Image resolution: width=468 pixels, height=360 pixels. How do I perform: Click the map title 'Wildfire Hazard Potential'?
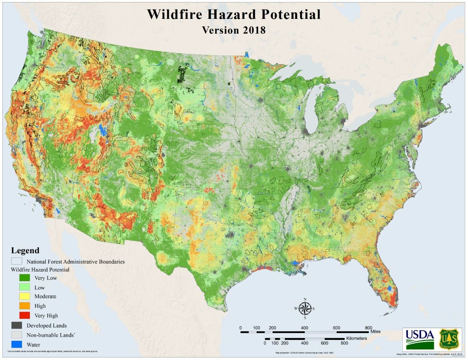click(x=234, y=15)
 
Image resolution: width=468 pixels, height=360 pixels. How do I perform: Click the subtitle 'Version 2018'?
click(x=234, y=30)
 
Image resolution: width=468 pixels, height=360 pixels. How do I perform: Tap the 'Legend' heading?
click(x=25, y=250)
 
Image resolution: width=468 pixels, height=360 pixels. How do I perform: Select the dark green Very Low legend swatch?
click(x=24, y=278)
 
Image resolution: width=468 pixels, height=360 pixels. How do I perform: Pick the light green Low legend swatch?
click(x=24, y=287)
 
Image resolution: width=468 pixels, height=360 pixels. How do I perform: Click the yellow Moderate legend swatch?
click(x=24, y=296)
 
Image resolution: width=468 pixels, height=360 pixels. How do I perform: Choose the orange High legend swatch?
click(x=24, y=306)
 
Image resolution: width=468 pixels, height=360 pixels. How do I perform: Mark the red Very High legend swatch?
click(x=24, y=315)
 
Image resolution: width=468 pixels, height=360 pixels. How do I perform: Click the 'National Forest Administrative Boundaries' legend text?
click(x=75, y=262)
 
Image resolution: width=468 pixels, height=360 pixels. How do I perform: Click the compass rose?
click(x=305, y=309)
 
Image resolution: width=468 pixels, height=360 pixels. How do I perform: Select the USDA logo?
click(x=419, y=339)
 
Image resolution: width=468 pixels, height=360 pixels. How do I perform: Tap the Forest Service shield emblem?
click(x=450, y=339)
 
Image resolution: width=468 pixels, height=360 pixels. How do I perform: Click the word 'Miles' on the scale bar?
click(x=375, y=331)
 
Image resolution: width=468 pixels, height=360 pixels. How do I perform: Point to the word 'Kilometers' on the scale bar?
click(x=356, y=338)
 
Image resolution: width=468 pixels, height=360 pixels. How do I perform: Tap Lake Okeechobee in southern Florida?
click(x=390, y=288)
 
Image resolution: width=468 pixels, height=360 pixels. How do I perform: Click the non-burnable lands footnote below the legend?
click(x=53, y=351)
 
